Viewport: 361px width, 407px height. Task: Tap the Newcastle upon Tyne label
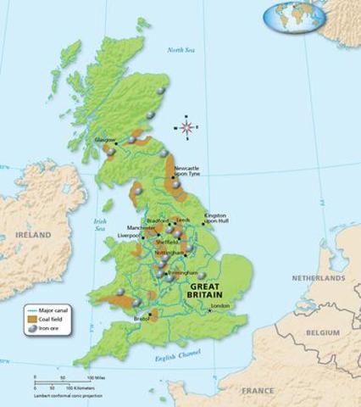point(187,172)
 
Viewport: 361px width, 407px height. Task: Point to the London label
point(220,305)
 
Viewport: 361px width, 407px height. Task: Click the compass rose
point(186,127)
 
